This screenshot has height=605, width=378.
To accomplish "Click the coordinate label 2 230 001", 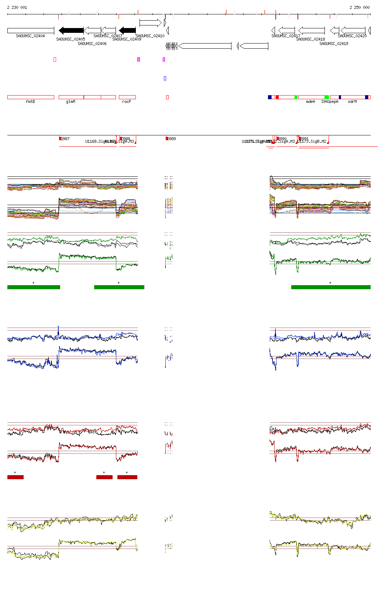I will tap(17, 7).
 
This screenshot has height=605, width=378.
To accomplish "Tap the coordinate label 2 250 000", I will tap(360, 7).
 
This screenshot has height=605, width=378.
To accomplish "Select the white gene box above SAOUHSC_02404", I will tap(31, 30).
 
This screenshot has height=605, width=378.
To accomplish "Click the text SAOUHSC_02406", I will tap(92, 44).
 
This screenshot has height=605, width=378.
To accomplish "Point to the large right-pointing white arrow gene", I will tap(150, 23).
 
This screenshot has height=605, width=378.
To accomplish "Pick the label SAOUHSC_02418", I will tap(310, 39).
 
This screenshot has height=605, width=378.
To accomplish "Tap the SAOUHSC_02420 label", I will tap(352, 36).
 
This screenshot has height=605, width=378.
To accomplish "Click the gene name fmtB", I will tap(30, 101).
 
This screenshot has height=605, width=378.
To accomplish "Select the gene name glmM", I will tap(71, 101).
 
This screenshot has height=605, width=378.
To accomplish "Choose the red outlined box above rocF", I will tap(127, 97).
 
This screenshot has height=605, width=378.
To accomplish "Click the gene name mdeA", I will tap(310, 101).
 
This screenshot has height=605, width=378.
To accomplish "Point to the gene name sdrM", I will tap(352, 101).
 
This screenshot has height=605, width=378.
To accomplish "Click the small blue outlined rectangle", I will tap(165, 78).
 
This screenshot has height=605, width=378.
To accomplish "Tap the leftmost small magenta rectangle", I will tap(55, 59).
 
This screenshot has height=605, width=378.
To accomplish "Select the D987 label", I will tap(65, 139).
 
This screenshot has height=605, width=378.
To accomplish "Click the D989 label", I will tap(172, 139).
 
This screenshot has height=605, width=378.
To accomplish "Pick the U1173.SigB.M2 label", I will tap(313, 141).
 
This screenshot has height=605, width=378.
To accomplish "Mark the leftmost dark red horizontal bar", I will tap(16, 477).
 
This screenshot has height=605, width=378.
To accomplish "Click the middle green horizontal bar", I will tap(119, 287).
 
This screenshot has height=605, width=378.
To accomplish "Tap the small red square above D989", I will tap(168, 97).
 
